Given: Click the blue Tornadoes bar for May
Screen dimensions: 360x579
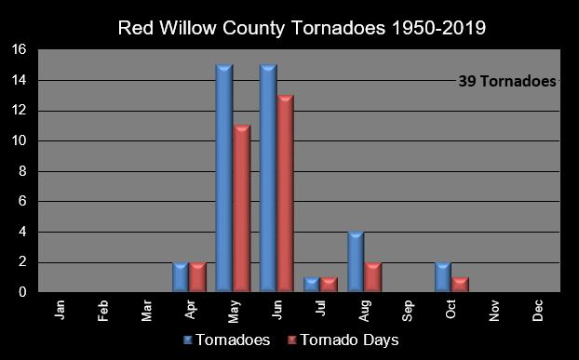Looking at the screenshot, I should pos(223,179).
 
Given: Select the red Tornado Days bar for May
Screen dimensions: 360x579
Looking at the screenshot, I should pos(242,208).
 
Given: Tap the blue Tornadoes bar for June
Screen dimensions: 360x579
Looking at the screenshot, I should pos(268,179).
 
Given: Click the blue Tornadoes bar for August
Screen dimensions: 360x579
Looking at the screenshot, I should pos(355,262).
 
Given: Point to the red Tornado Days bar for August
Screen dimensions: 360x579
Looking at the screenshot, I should pos(373,277).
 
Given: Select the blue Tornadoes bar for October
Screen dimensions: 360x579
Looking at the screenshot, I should pos(442,277).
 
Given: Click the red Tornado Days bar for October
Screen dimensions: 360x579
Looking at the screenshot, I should pos(460,285).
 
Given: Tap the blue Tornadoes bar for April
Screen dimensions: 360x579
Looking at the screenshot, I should pos(181,277).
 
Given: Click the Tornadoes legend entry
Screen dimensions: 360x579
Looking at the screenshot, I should pos(228,340).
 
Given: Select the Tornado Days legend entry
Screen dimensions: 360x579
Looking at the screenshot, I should pos(343,340).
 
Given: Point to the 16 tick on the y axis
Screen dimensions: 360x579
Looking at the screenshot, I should pos(19,49).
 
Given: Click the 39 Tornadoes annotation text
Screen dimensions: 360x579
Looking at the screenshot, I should pos(506,81).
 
